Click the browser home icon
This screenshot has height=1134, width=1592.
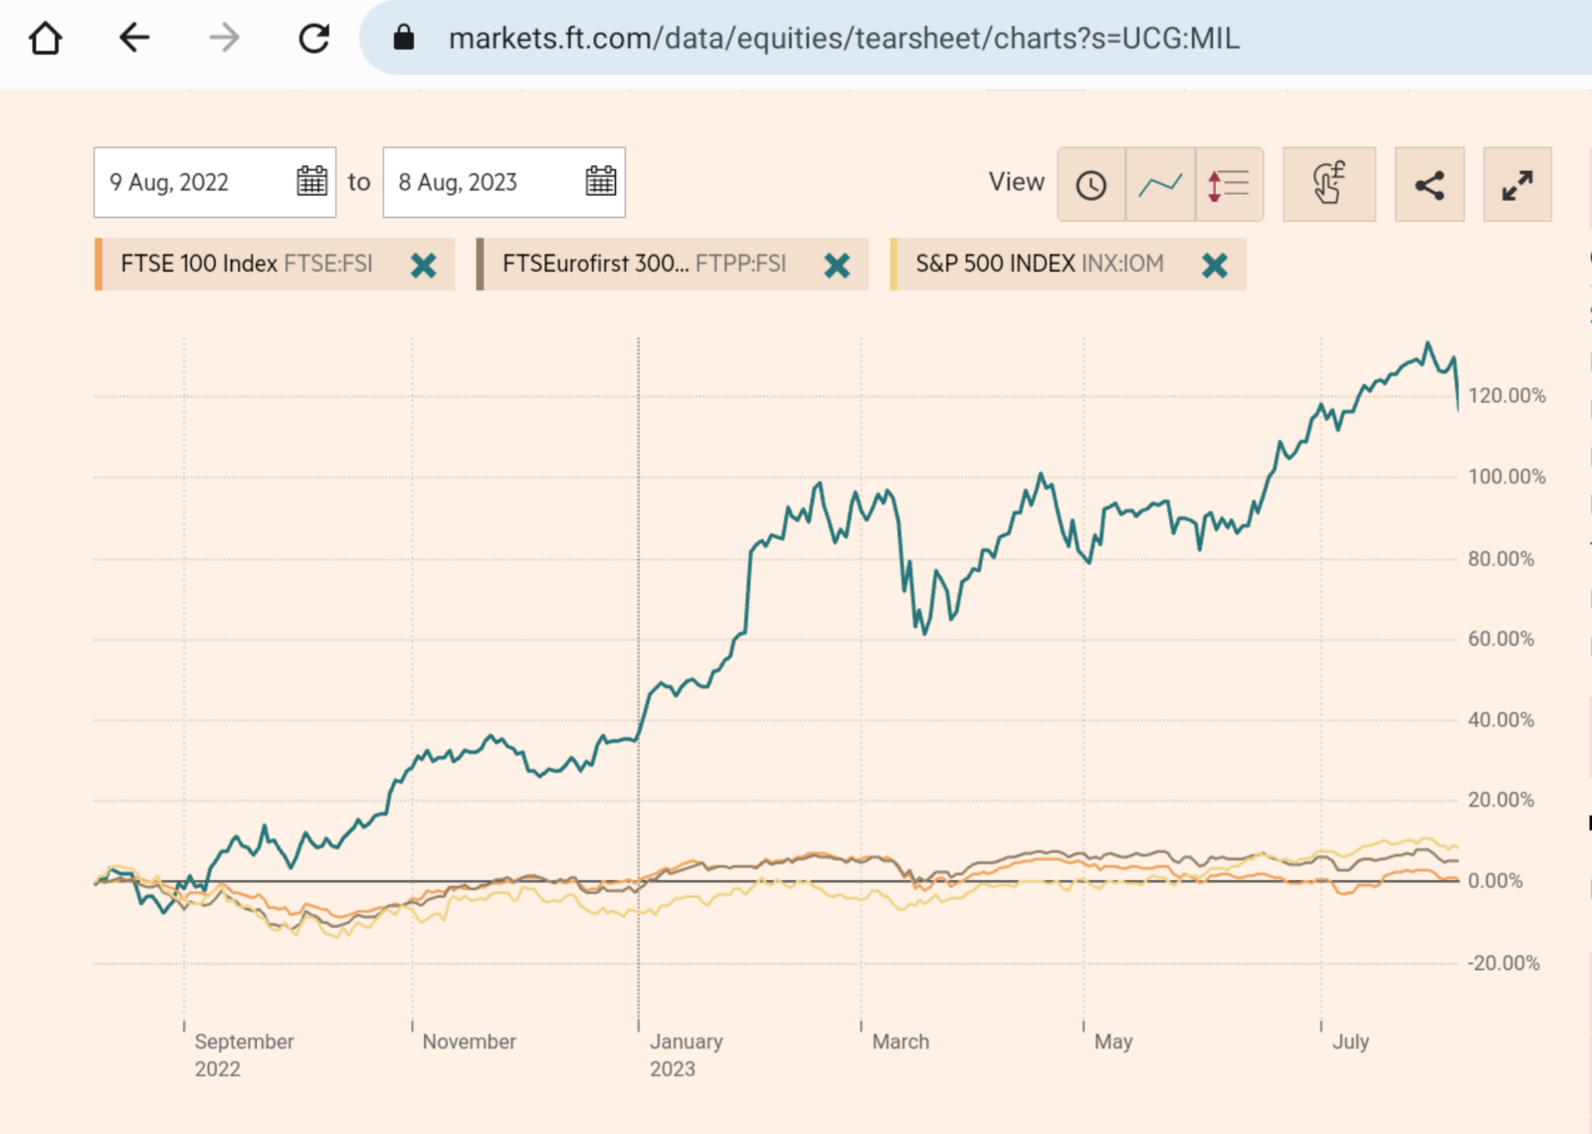[x=46, y=39]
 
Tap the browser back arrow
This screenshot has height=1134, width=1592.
[x=133, y=39]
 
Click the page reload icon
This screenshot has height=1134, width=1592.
[x=314, y=39]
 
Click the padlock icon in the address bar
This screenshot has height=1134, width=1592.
[x=403, y=39]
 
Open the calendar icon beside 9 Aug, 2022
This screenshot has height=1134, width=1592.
[x=311, y=181]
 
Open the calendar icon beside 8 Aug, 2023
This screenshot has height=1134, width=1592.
[x=601, y=181]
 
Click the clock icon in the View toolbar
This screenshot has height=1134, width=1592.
[x=1092, y=185]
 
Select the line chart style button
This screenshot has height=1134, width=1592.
[x=1160, y=185]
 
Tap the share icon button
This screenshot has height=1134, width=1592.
[x=1429, y=185]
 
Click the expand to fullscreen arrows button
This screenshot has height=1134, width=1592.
[x=1516, y=185]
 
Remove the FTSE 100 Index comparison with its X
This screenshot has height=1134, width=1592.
[x=424, y=266]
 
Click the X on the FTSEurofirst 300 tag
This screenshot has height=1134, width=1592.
[x=837, y=266]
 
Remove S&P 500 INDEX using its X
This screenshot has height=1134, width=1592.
[x=1214, y=266]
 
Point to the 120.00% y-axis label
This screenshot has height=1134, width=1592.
[x=1506, y=396]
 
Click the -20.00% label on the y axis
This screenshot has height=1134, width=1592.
[x=1503, y=963]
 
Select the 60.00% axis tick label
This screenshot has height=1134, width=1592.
[x=1500, y=639]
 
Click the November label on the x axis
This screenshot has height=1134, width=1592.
[x=469, y=1041]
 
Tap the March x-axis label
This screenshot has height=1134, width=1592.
[x=900, y=1041]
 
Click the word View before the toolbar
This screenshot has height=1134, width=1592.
[x=1016, y=182]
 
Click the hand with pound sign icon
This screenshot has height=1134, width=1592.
[x=1328, y=185]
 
